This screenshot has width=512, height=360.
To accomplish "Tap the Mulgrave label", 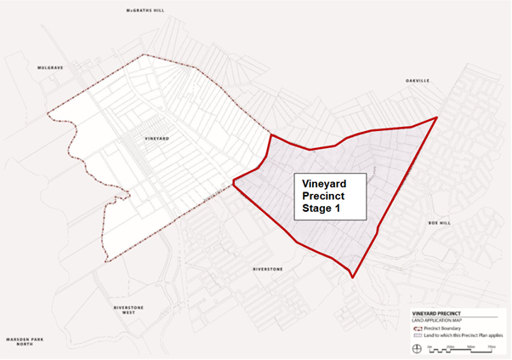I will click(50, 66).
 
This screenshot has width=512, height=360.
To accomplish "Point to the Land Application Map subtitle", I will click(435, 319).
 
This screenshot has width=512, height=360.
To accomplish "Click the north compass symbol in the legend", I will click(416, 349).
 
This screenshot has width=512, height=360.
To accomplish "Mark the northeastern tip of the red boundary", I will click(436, 117).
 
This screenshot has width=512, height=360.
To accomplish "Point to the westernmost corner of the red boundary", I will click(232, 180).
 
